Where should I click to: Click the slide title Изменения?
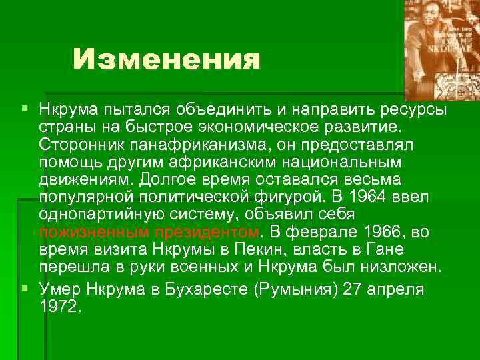166,61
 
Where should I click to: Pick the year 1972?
59,307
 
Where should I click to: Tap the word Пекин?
262,250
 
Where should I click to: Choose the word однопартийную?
106,215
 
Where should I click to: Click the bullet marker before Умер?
25,289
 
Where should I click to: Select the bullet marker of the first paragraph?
25,107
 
